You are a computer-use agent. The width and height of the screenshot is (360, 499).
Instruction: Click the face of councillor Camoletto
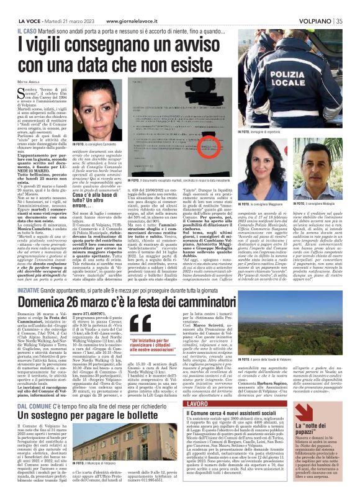coord(100,116)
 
